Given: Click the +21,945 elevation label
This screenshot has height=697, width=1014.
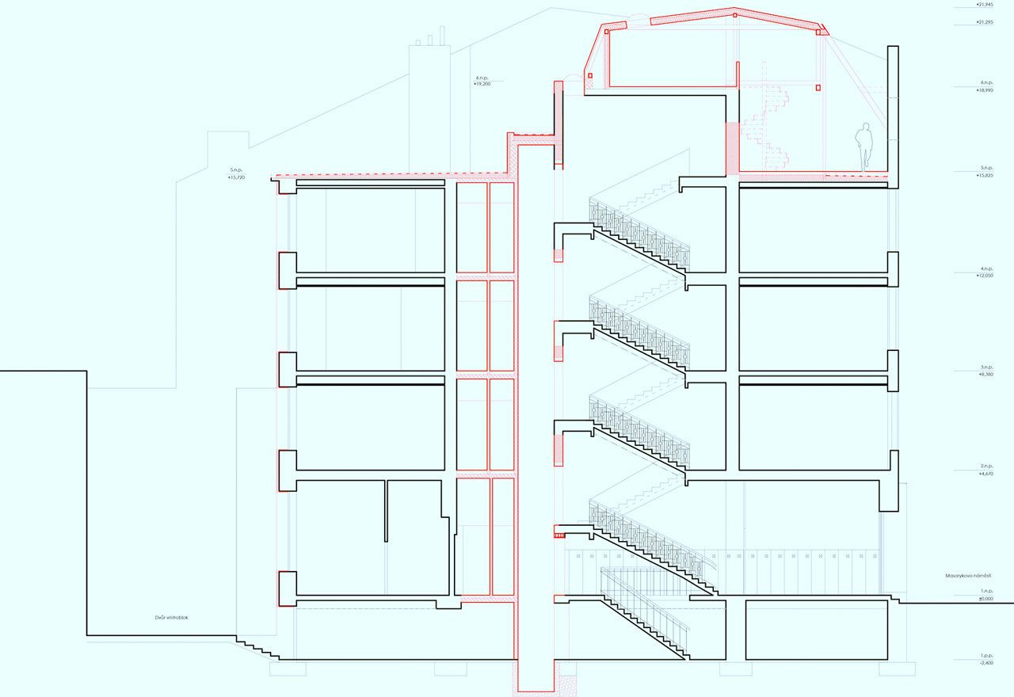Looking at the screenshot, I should click(985, 4).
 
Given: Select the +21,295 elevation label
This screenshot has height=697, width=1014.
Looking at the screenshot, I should click(985, 22).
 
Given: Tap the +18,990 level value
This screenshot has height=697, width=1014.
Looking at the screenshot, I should click(986, 90).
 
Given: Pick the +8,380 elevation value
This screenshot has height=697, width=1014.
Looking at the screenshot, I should click(986, 374).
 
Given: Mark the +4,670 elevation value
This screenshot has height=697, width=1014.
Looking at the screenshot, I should click(986, 473).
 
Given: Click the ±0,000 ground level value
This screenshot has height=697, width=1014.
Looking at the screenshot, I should click(986, 599).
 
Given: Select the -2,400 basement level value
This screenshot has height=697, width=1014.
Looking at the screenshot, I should click(986, 663).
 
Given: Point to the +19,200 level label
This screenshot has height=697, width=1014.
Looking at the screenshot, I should click(482, 83).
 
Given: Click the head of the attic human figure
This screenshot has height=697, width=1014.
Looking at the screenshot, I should click(867, 126).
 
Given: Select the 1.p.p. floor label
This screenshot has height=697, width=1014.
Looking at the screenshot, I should click(986, 656).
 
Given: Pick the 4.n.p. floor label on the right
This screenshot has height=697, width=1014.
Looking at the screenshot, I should click(986, 269).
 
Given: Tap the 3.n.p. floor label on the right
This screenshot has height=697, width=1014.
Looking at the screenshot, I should click(986, 367).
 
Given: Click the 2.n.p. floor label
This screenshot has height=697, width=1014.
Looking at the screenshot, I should click(986, 466).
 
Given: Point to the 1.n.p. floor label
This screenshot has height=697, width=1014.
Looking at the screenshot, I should click(986, 591).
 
